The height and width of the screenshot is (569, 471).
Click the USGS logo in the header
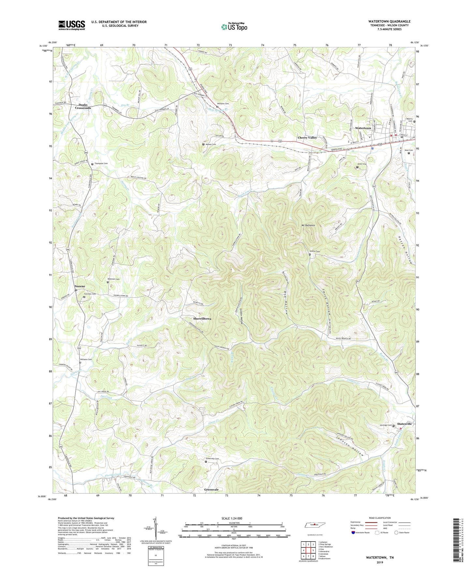pos(72,25)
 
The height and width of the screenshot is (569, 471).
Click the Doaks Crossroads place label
pos(83,106)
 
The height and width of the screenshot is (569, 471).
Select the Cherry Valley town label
pos(307,138)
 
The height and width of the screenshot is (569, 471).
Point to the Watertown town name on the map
pos(363,128)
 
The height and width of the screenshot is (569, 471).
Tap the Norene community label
pos(80,286)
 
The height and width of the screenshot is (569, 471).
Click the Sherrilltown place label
pos(202,319)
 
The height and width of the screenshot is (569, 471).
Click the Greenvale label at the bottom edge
pos(211,490)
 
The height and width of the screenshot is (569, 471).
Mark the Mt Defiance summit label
pos(308,226)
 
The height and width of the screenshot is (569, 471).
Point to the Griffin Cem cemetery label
pos(315,251)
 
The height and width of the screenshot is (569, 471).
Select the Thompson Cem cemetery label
pos(101,164)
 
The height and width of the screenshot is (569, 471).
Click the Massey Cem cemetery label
pos(211,144)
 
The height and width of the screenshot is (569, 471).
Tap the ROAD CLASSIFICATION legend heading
pos(380,518)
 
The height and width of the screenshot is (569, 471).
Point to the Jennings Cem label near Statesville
pos(385,425)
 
